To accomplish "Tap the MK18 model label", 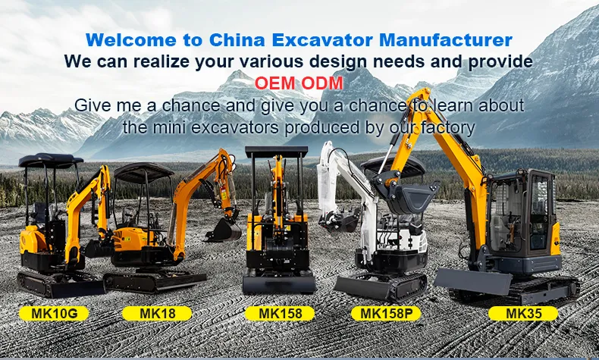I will [157, 312].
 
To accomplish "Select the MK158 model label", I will [280, 312].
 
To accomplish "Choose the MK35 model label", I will [522, 312].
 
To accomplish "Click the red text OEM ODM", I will [299, 82].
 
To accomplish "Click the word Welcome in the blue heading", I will [125, 39].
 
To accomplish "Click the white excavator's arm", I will [331, 178].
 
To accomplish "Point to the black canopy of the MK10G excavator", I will [51, 160].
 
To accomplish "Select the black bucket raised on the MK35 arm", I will [409, 199].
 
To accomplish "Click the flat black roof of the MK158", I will [276, 152].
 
